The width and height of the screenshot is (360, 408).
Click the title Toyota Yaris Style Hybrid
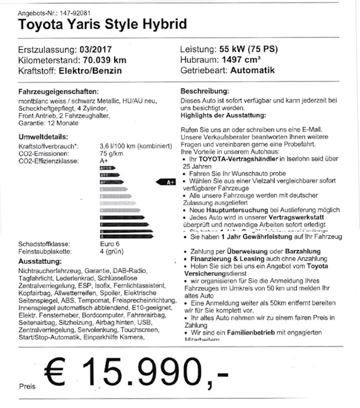pos(102,24)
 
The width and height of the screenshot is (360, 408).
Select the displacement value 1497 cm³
pos(249,60)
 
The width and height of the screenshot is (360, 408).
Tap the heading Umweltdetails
pos(43,137)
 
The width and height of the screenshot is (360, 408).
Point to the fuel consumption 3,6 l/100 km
pos(119,146)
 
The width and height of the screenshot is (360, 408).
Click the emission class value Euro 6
pos(109,244)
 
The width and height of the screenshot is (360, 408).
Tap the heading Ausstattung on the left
pos(39,261)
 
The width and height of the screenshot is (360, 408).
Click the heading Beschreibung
pos(205,91)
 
